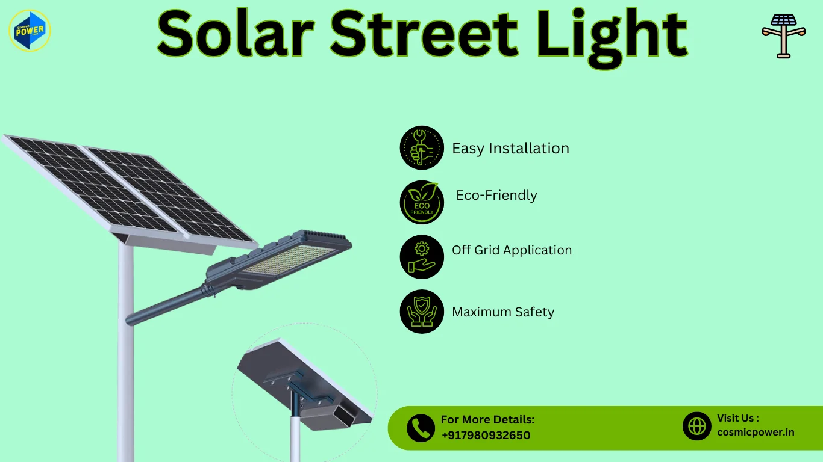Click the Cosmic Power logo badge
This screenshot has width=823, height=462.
click(30, 30)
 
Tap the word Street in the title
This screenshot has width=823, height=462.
click(424, 35)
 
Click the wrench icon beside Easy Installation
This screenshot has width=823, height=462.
click(422, 148)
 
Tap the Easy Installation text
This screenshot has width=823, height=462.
click(510, 149)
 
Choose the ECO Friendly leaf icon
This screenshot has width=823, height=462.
click(422, 202)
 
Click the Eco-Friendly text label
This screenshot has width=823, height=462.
click(496, 196)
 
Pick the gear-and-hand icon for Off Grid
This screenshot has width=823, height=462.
click(422, 257)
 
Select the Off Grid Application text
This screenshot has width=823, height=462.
click(512, 250)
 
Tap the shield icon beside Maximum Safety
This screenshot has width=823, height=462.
click(422, 312)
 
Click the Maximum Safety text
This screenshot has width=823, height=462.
click(503, 312)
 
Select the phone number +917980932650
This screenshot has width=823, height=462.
click(486, 436)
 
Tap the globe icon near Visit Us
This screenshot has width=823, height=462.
click(697, 426)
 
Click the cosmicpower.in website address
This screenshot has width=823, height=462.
click(756, 432)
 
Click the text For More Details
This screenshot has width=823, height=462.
click(487, 420)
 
